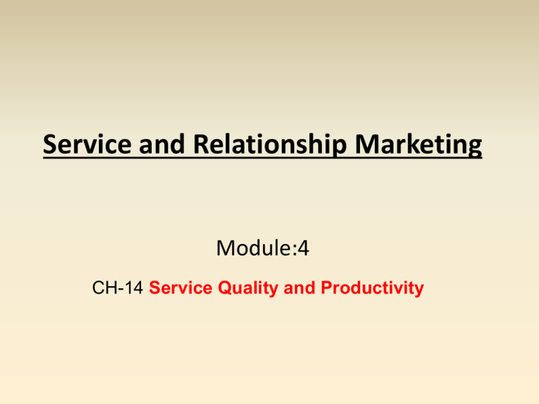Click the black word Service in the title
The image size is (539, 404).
pos(87,144)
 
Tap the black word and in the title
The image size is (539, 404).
pos(162,144)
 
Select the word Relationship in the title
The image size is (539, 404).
pos(269,145)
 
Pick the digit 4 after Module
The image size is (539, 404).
pos(303,248)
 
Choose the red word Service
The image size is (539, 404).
pos(180,288)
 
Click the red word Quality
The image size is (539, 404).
pos(248,288)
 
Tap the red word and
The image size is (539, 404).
pos(300,288)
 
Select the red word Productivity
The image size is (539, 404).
pos(372,288)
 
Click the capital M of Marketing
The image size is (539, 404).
pos(367,144)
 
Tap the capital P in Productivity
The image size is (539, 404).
pos(327,288)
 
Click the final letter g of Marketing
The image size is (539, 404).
pos(474,149)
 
